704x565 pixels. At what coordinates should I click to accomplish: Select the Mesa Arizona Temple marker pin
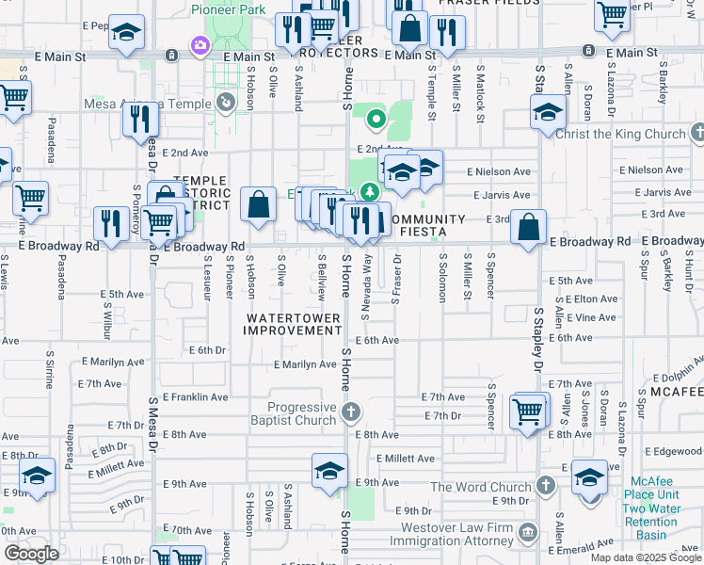(x=225, y=103)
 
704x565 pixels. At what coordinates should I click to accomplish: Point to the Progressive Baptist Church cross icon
(x=351, y=412)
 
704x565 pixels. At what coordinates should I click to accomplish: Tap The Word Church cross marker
(x=545, y=486)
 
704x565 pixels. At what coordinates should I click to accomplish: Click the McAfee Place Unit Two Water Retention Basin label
(x=664, y=508)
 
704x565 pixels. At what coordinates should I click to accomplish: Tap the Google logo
(x=31, y=554)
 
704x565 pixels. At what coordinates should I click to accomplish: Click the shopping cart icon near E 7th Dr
(x=528, y=411)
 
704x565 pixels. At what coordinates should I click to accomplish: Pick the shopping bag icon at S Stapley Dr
(x=530, y=227)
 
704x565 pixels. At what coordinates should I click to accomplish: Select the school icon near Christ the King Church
(x=548, y=113)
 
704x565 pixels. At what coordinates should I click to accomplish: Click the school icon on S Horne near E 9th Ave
(x=329, y=472)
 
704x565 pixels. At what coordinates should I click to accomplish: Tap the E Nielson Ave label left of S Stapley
(x=500, y=171)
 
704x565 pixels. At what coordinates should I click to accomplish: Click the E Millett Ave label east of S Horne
(x=405, y=459)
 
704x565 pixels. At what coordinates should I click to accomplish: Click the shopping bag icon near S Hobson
(x=258, y=204)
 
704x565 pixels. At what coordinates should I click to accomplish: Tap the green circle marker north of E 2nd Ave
(x=376, y=120)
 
